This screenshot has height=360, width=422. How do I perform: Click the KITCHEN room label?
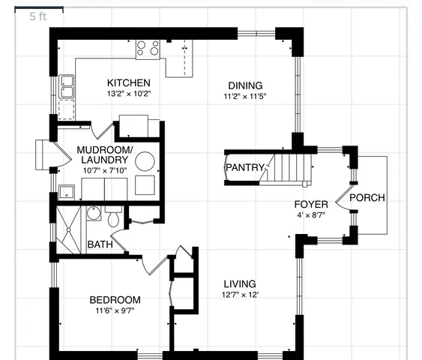point(128,82)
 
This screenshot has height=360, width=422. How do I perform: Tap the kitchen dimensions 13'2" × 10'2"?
point(128,94)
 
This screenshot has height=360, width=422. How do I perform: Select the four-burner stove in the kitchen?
point(147,49)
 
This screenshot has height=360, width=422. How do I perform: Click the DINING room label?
point(245,85)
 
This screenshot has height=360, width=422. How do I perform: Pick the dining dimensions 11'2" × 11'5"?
point(245,97)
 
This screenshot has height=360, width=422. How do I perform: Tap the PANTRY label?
point(244,167)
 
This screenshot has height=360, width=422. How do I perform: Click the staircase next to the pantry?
point(289,167)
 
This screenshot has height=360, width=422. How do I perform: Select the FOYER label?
point(310,204)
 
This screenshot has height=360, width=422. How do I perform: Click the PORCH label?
point(367,198)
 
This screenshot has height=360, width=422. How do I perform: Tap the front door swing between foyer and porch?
point(343,198)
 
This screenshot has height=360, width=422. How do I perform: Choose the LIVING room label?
point(240,284)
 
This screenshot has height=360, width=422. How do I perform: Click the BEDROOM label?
point(115,300)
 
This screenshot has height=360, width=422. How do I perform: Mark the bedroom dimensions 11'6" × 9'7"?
point(115,311)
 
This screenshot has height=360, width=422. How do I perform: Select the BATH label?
point(100,244)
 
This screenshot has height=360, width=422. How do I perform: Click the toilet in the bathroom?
point(113,218)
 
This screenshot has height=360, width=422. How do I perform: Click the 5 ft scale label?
point(37,16)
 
